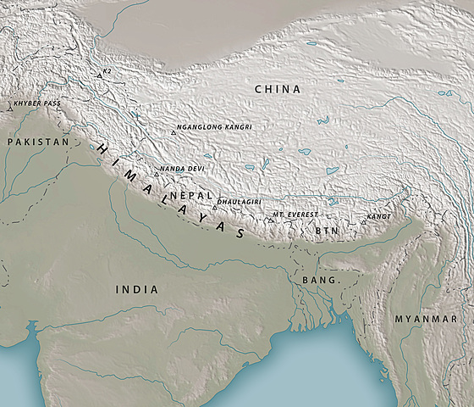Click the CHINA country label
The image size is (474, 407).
278,89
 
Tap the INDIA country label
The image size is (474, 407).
136,290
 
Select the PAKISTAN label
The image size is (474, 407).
37,142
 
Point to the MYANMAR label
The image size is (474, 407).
426,318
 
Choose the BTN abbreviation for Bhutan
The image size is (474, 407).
327,230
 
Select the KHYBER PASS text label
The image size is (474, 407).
36,104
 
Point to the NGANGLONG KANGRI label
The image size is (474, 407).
213,127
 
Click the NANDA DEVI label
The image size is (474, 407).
182,169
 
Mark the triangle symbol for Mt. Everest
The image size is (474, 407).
269,220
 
